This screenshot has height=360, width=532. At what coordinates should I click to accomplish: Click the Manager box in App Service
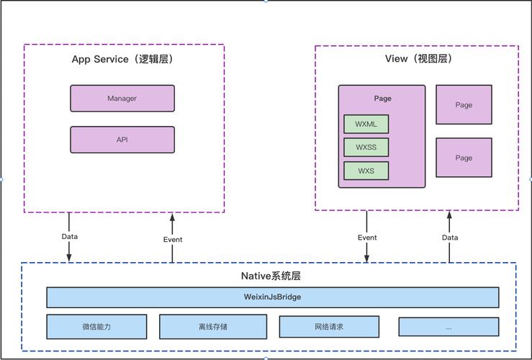pyautogui.click(x=122, y=99)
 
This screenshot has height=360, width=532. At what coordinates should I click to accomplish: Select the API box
pyautogui.click(x=122, y=140)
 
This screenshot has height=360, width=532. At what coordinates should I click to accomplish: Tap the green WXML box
pyautogui.click(x=366, y=124)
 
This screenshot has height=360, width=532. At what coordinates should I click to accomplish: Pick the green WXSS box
pyautogui.click(x=366, y=148)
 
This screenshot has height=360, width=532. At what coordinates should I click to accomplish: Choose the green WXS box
pyautogui.click(x=366, y=171)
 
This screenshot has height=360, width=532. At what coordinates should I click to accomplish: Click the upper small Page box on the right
pyautogui.click(x=464, y=104)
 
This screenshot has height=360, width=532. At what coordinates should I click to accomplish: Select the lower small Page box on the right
pyautogui.click(x=464, y=158)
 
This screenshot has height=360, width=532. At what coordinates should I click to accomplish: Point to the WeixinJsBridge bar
pyautogui.click(x=272, y=297)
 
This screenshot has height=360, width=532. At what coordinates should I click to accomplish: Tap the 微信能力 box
pyautogui.click(x=96, y=326)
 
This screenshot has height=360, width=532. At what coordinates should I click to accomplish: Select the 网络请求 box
pyautogui.click(x=329, y=326)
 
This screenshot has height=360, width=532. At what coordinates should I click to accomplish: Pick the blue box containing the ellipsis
pyautogui.click(x=448, y=326)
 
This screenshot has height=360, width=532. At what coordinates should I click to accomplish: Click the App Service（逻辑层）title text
pyautogui.click(x=122, y=59)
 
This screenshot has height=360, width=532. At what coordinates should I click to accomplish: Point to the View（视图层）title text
pyautogui.click(x=416, y=59)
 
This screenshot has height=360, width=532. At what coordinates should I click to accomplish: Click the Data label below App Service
pyautogui.click(x=70, y=236)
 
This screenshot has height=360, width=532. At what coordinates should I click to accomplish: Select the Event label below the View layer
pyautogui.click(x=367, y=238)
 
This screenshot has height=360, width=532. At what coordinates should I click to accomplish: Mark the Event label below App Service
pyautogui.click(x=173, y=240)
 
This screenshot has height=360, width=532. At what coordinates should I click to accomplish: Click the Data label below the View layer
pyautogui.click(x=450, y=238)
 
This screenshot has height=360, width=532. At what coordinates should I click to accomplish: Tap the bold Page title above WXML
pyautogui.click(x=382, y=99)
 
